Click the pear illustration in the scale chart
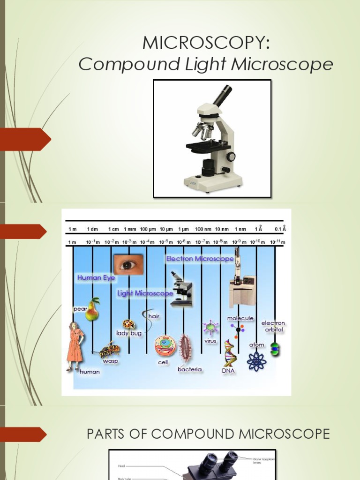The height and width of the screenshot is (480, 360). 92,309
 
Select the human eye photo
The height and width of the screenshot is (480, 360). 127,265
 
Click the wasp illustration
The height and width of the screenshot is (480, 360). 109,350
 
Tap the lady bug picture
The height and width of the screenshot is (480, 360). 128,324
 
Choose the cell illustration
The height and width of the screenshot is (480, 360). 165,345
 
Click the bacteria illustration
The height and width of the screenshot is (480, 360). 186,348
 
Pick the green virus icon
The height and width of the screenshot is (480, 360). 210,327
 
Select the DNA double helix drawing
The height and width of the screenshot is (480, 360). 229,353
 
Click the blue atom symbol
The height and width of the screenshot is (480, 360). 256,360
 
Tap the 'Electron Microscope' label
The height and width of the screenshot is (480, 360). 200,259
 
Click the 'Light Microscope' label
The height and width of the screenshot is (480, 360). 145,293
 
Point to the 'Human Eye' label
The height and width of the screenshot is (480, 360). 96,278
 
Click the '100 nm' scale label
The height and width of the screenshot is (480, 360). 202,229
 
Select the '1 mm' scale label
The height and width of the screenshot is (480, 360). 130,229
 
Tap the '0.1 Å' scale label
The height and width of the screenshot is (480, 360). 280,229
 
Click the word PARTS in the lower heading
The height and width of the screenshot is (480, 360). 109,434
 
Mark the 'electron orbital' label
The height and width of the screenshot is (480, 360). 273,326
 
